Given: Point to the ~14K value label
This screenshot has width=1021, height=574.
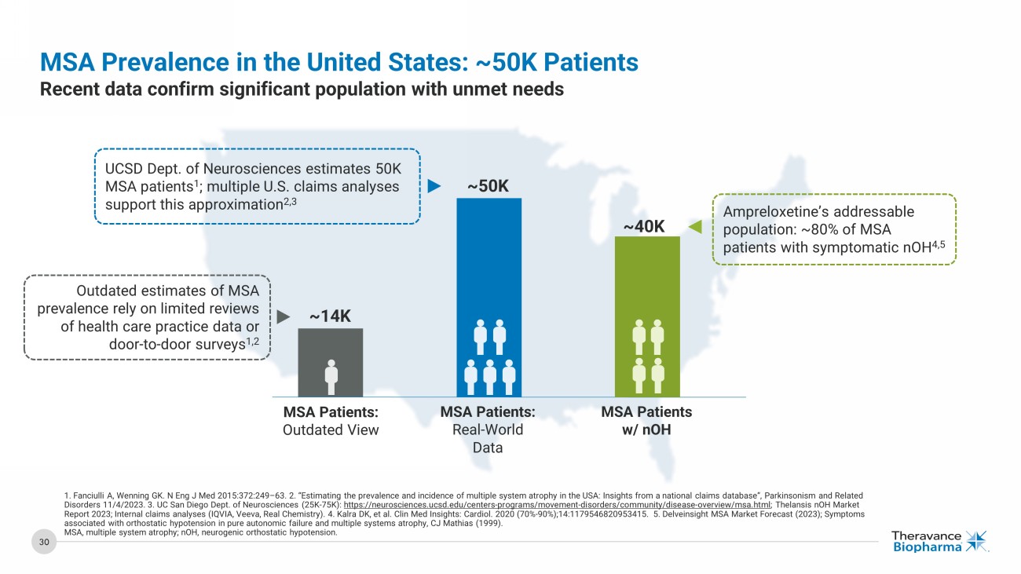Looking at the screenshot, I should coord(330,316).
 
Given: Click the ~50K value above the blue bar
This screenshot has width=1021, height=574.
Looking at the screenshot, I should coord(489,186).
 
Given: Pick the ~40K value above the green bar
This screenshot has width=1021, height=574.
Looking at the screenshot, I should coord(645,227).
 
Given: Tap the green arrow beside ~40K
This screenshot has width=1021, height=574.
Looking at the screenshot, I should coord(694,227).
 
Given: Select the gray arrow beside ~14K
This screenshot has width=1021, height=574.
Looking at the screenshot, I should coord(284,316).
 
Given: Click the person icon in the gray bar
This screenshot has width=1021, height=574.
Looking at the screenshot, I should coord(331,377).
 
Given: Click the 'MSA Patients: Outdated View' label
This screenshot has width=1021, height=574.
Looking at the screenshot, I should coord(331,421).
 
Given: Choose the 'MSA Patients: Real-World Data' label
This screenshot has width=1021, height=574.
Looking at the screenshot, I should coord(488,430).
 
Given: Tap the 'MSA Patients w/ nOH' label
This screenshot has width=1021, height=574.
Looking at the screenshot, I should coord(646,421).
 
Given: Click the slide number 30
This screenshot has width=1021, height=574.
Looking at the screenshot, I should coord(45,541).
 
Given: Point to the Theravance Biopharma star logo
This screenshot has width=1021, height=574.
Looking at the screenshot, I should coord(976,541).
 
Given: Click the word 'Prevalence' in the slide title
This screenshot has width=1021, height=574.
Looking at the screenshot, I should coord(158,61).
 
